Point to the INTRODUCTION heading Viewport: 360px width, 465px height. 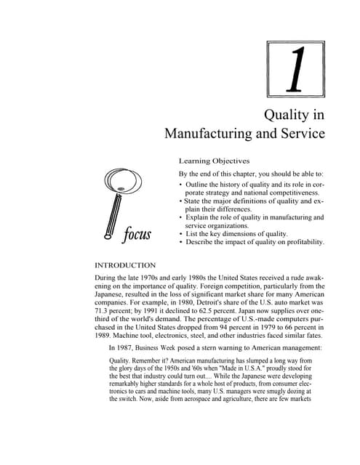[126, 265]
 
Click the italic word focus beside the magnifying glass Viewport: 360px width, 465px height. [137, 233]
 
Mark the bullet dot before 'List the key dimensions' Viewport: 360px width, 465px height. [180, 233]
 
